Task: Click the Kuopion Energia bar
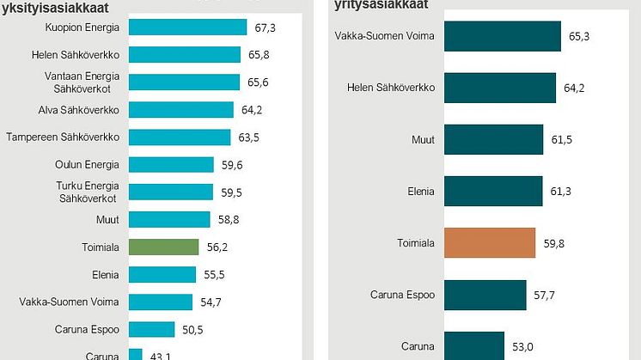(187, 27)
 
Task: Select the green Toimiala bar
(163, 247)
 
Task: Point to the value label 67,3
(266, 27)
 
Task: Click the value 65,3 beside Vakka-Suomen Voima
(582, 38)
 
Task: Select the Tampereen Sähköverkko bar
(179, 137)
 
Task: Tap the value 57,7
(546, 295)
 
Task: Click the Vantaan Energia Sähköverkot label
(82, 82)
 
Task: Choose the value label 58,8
(229, 219)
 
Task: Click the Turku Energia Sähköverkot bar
(170, 192)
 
